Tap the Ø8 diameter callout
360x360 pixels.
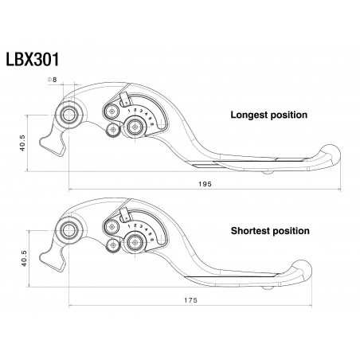pyautogui.click(x=53, y=80)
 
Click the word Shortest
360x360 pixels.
pyautogui.click(x=251, y=231)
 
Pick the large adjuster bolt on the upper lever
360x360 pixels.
pyautogui.click(x=132, y=127)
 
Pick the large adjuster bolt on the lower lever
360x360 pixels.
pyautogui.click(x=132, y=243)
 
